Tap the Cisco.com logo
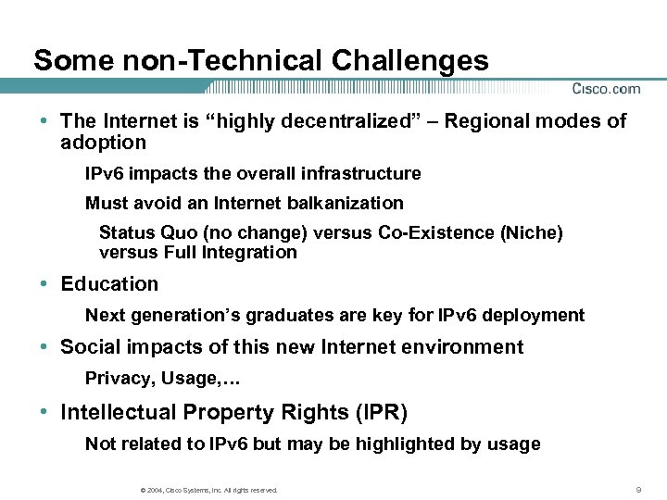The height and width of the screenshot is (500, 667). coord(606,89)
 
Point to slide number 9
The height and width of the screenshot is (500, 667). coord(639,489)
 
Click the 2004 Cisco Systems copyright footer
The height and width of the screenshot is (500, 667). coord(206,490)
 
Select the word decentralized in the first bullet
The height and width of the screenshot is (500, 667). coord(340,121)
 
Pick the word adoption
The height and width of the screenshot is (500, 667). coord(103,143)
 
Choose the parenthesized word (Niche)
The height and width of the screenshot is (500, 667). coord(531,232)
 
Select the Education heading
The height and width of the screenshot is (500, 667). coord(109,284)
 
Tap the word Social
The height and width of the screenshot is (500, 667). coord(86,347)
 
